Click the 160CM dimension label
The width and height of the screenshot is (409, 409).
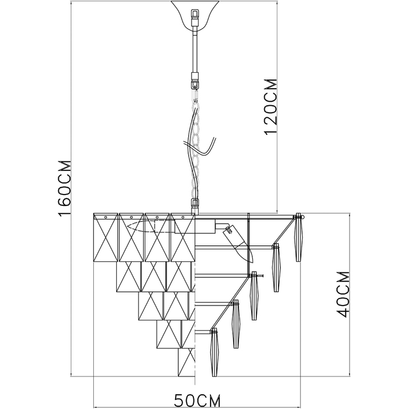65,188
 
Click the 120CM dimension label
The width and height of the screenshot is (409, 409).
271,106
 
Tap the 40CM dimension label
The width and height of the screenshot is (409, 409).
343,294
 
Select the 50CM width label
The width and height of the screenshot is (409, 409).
197,401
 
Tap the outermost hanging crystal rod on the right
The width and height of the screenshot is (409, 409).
298,237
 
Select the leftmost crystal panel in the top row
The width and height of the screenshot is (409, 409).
106,237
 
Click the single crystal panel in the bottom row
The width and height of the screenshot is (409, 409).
186,362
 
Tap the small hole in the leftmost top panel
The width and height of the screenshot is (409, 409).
106,217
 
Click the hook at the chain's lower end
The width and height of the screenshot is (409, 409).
194,202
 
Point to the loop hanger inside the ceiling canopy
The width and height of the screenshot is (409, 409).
195,14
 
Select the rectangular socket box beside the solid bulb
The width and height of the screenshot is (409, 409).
195,226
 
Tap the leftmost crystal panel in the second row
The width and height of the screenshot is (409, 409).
129,276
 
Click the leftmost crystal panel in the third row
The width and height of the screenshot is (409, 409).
150,306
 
